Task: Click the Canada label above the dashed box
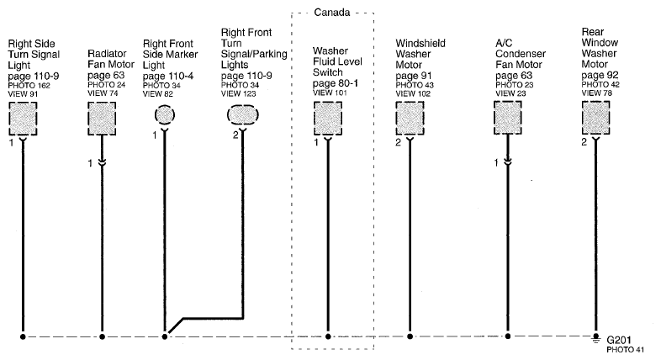tap(332, 13)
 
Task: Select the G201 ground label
tap(619, 340)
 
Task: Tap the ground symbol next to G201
tap(595, 337)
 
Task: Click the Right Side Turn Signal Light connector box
tap(23, 119)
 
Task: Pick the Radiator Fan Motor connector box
tap(102, 119)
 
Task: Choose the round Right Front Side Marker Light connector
tap(164, 114)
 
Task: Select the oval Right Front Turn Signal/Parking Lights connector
tap(243, 114)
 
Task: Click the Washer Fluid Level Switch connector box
tap(328, 119)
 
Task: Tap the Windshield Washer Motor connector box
tap(410, 119)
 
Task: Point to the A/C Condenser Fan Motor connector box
tap(508, 118)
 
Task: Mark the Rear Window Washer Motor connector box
tap(595, 118)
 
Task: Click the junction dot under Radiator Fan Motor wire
tap(102, 336)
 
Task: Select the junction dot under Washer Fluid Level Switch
tap(328, 336)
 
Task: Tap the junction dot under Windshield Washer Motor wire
tap(410, 336)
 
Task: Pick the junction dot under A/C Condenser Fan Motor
tap(508, 336)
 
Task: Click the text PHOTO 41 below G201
tap(626, 350)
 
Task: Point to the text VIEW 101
tap(330, 93)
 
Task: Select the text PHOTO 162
tap(29, 86)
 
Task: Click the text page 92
tap(600, 76)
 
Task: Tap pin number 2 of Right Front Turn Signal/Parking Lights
tap(235, 135)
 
